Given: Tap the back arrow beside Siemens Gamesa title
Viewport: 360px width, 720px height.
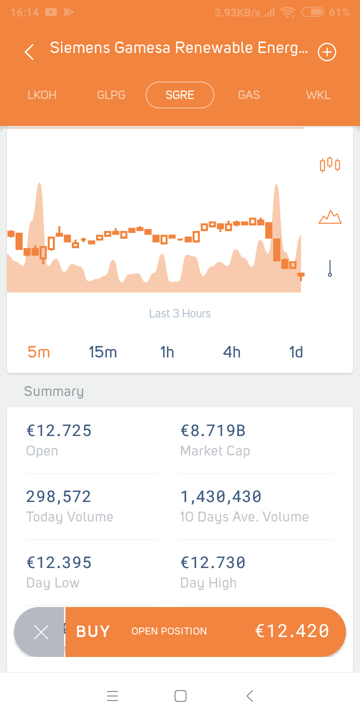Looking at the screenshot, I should (29, 52).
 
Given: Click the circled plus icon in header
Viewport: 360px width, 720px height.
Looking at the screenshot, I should (327, 52).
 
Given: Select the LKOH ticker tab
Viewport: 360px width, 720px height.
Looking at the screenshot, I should (42, 95).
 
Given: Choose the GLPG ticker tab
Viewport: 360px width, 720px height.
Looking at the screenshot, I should (111, 95).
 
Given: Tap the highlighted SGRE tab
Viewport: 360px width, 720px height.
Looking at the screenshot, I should (180, 95).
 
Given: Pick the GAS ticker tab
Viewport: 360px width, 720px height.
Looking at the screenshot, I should (249, 95).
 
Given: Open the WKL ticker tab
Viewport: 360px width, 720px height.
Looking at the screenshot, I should (318, 95).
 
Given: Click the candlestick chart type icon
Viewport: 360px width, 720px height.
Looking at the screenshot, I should (330, 164).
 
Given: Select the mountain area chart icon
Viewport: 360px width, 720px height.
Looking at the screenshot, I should (330, 217).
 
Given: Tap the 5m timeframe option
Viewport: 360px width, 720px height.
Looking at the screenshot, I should (39, 352).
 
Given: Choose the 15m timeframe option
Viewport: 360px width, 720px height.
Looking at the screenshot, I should (103, 352).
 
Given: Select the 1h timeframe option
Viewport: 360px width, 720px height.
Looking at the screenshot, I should (167, 352).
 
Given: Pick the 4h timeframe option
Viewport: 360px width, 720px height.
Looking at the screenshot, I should (231, 352).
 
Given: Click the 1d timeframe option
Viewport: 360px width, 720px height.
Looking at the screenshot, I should (296, 352).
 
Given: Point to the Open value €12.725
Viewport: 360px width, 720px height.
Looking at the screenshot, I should (59, 430).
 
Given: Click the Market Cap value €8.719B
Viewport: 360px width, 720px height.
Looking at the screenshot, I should (213, 430).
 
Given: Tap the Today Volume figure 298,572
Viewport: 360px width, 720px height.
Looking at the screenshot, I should (58, 496).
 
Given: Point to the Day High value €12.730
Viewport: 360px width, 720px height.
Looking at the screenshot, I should (213, 562).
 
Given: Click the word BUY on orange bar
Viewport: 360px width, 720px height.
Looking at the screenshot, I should (93, 631).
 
